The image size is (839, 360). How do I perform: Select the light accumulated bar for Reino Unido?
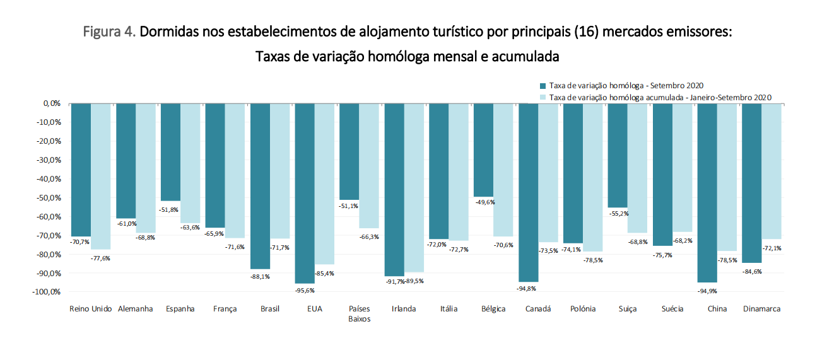[101, 176]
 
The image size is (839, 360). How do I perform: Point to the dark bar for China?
[707, 192]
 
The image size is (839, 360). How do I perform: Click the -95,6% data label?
[305, 290]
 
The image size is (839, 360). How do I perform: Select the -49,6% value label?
[484, 202]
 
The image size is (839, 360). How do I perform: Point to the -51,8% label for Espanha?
[170, 209]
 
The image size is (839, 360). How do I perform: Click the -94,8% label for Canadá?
[529, 289]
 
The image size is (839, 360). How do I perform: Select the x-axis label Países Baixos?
[359, 313]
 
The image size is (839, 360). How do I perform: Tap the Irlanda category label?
[404, 309]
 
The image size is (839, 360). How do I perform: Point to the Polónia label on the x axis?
[582, 309]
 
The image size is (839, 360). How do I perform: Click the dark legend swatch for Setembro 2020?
[543, 86]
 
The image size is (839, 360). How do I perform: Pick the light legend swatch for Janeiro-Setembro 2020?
[543, 98]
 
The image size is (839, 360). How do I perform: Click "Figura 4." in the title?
[109, 32]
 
